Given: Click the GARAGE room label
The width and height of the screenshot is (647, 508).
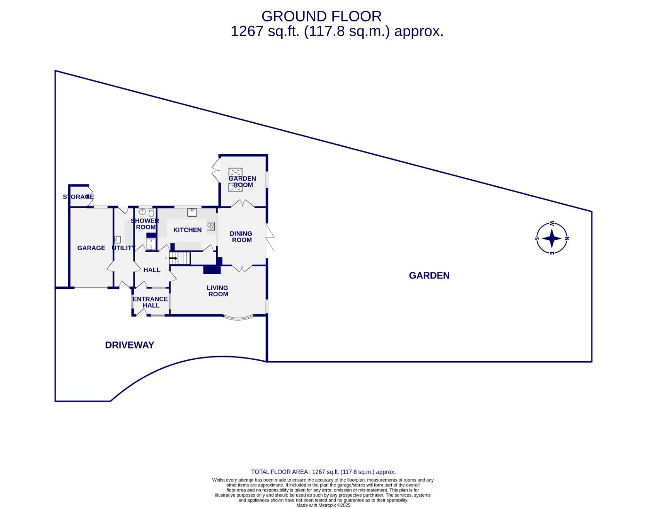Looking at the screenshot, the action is pyautogui.click(x=91, y=248).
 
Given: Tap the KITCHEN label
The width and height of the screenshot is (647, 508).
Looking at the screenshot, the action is pyautogui.click(x=187, y=230).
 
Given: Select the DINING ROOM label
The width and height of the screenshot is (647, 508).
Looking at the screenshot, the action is pyautogui.click(x=241, y=237).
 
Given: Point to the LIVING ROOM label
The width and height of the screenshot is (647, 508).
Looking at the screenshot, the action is pyautogui.click(x=218, y=291).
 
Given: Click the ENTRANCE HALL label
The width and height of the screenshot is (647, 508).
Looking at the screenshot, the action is pyautogui.click(x=150, y=302).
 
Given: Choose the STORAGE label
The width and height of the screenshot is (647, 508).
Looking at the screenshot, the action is pyautogui.click(x=78, y=197).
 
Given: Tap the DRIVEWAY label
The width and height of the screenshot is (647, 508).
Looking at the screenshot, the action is pyautogui.click(x=129, y=345).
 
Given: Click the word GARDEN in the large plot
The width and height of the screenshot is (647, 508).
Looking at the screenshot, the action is pyautogui.click(x=429, y=276).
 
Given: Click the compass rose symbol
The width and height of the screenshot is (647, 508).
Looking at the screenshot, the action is pyautogui.click(x=552, y=238).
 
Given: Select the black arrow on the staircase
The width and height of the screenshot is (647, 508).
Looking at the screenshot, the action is pyautogui.click(x=173, y=258).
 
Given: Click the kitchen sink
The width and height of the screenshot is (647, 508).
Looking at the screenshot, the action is pyautogui.click(x=192, y=212).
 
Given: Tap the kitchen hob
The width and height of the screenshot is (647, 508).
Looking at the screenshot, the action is pyautogui.click(x=211, y=227).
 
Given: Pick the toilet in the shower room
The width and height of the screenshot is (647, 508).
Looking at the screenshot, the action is pyautogui.click(x=151, y=212).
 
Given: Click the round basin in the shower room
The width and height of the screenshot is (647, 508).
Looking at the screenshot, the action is pyautogui.click(x=142, y=212).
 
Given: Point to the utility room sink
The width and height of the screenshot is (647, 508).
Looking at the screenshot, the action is pyautogui.click(x=117, y=239).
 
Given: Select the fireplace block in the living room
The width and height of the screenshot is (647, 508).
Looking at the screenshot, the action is pyautogui.click(x=212, y=270).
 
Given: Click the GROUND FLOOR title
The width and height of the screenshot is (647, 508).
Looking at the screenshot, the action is pyautogui.click(x=321, y=16).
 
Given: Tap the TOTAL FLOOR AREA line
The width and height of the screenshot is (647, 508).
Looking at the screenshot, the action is pyautogui.click(x=323, y=472).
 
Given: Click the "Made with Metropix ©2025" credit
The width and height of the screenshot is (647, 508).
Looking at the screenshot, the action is pyautogui.click(x=323, y=505).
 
